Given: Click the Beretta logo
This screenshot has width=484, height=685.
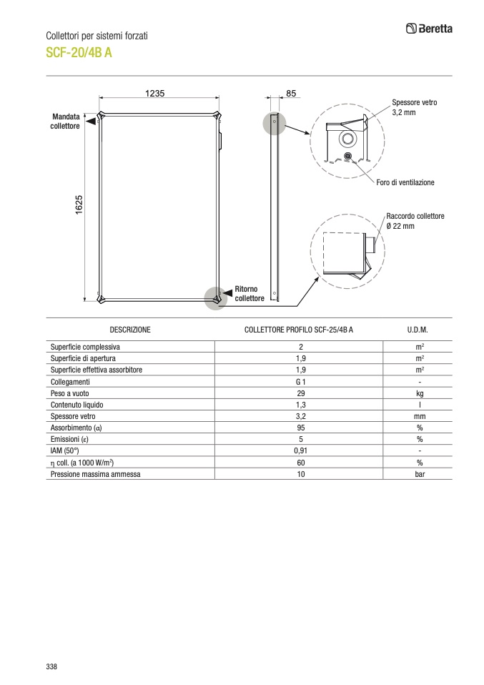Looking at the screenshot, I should [429, 29].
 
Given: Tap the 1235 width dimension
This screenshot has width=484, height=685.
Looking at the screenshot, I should [155, 93].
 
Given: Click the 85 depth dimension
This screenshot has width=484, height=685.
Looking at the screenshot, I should [291, 93].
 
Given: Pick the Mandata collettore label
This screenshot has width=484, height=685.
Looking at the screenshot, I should [65, 121].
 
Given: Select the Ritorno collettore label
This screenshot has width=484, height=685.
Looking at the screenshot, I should [250, 294].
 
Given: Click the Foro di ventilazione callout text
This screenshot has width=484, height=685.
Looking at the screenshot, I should [405, 182].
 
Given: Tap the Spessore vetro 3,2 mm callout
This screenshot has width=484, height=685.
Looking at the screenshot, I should [414, 107].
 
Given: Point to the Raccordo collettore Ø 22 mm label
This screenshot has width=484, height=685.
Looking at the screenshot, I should [415, 221].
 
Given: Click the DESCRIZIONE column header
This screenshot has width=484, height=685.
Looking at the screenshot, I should [130, 330].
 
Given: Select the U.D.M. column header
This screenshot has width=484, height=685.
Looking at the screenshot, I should [418, 330].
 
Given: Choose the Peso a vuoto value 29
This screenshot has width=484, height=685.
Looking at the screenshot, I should [301, 393].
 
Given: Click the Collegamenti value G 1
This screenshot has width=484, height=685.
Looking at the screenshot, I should [301, 382].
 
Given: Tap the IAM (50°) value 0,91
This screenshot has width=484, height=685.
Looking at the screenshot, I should [301, 450].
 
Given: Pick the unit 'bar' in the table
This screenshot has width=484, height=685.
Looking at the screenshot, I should [420, 473].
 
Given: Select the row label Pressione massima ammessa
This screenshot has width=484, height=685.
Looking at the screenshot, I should [96, 473].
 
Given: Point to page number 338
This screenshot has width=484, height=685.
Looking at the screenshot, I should [51, 666].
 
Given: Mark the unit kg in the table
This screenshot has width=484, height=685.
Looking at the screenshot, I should [420, 393].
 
